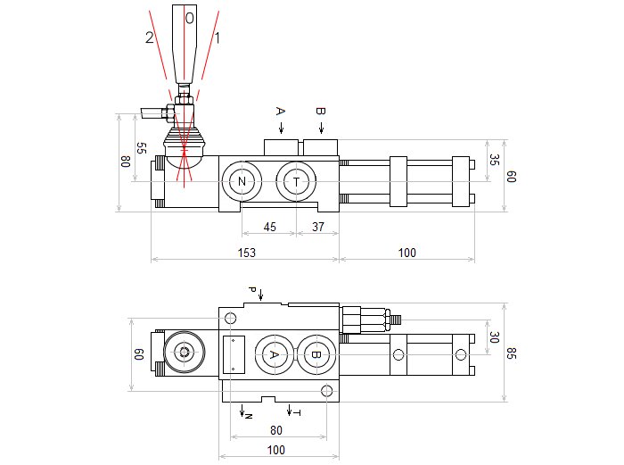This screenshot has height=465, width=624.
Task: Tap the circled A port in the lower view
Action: [274, 354]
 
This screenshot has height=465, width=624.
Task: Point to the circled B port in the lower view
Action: [315, 354]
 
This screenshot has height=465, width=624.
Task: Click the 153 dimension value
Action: [246, 253]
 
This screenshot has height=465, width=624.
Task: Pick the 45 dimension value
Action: [270, 227]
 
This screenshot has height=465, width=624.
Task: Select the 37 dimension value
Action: [318, 227]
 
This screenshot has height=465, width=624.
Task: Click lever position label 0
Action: [189, 17]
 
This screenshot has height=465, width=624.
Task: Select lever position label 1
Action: [218, 37]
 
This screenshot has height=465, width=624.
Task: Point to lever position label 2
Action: [149, 37]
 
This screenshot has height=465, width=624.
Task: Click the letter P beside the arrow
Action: [252, 291]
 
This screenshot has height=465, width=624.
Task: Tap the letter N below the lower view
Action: [249, 416]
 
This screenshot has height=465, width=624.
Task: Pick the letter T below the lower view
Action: [298, 414]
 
